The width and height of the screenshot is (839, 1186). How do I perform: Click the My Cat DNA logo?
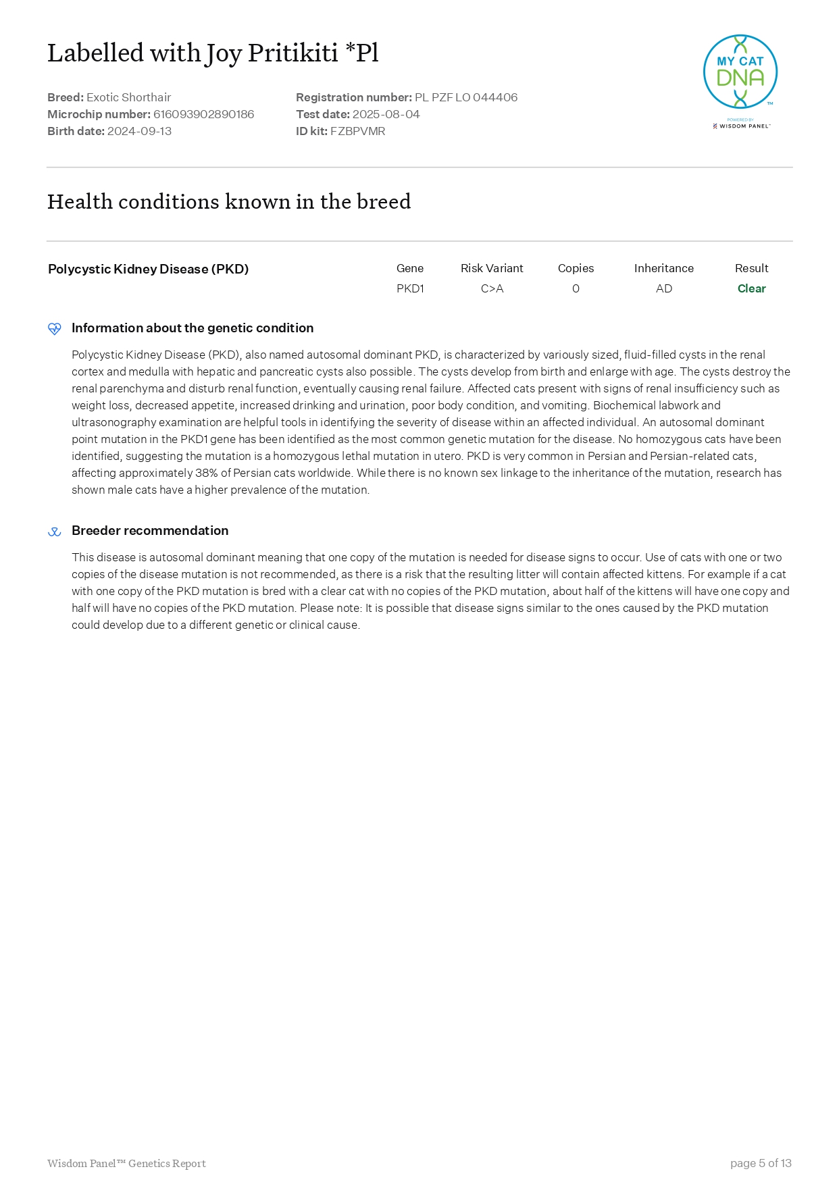740,72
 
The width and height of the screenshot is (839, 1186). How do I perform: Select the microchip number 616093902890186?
203,114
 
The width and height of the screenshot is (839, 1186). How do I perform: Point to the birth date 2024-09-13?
139,131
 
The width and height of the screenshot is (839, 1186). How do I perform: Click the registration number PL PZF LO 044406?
466,97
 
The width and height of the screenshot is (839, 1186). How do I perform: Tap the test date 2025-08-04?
386,114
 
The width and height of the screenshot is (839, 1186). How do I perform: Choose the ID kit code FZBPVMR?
357,131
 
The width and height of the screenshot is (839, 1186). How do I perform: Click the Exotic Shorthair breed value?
128,97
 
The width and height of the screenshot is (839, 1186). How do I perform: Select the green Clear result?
751,288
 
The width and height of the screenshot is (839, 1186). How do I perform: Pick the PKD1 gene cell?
410,288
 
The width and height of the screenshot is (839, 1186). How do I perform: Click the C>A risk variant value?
492,288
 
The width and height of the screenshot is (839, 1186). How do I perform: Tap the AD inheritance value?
663,288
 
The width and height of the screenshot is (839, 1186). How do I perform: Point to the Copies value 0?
576,288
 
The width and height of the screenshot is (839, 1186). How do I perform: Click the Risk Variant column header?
492,268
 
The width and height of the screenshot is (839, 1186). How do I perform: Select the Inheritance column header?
663,268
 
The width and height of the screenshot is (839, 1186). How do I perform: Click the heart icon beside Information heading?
55,328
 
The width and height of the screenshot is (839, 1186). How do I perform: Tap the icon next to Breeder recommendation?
55,532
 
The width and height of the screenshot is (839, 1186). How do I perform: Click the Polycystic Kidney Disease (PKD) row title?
148,269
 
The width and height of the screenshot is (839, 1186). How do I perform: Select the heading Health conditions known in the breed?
228,201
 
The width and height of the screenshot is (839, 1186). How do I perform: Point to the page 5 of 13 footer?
760,1163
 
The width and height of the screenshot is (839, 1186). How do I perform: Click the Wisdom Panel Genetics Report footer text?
126,1163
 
